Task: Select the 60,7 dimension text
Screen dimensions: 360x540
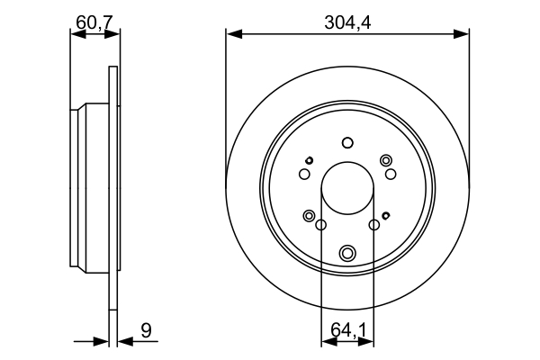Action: click(94, 21)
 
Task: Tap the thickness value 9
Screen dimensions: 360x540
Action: click(145, 330)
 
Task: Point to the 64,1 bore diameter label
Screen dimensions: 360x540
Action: click(347, 330)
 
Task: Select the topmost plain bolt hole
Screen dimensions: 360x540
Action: click(347, 142)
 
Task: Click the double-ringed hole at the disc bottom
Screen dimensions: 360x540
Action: click(347, 253)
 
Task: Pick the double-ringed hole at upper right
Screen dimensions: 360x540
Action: click(386, 160)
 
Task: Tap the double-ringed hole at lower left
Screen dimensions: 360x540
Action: click(310, 216)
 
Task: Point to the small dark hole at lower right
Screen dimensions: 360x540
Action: click(386, 215)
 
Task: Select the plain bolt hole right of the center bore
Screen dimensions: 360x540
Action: click(373, 225)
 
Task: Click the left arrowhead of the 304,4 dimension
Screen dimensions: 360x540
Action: click(232, 34)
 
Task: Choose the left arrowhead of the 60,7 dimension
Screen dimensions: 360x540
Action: click(76, 34)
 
